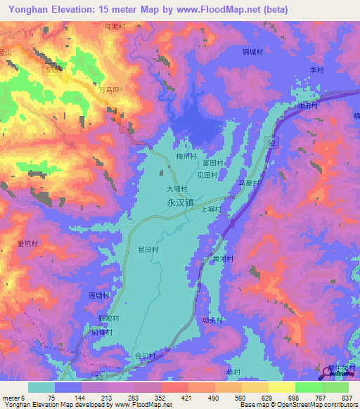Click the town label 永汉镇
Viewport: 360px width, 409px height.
tap(180, 201)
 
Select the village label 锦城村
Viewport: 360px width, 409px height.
tap(252, 51)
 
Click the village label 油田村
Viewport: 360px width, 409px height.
tap(307, 105)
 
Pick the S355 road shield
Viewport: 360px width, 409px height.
tap(54, 70)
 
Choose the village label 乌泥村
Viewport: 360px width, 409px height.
tap(114, 26)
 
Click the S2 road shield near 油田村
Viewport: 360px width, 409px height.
tap(271, 143)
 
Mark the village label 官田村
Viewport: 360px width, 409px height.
tap(148, 249)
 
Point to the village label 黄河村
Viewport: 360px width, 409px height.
tap(222, 259)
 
